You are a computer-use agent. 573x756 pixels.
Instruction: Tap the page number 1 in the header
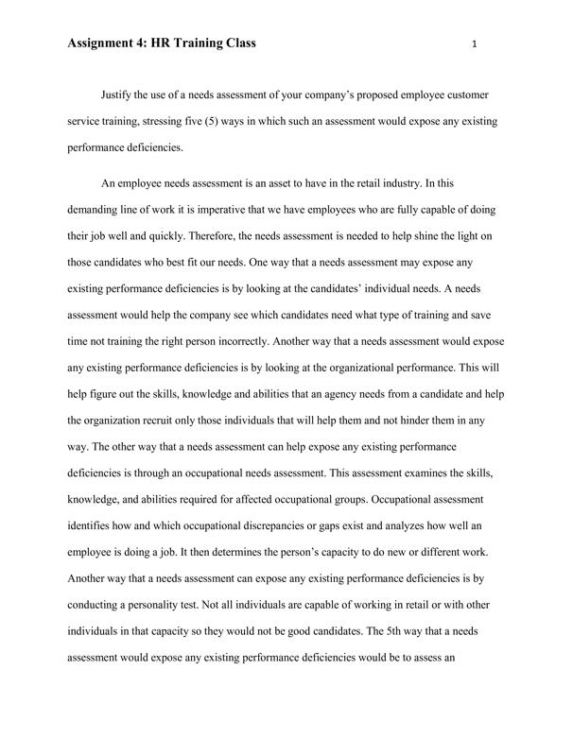point(473,44)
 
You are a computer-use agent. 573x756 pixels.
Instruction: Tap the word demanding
point(97,207)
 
